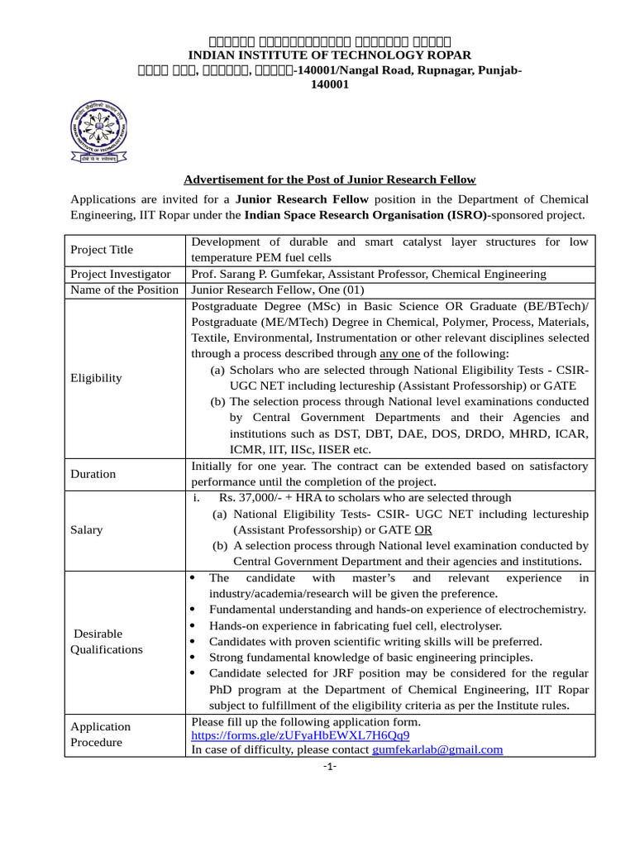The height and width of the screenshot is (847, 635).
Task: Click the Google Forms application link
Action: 300,735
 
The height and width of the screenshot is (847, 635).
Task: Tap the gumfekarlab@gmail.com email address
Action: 437,749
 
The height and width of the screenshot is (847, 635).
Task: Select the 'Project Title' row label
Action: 102,250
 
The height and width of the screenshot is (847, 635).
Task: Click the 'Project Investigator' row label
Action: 121,274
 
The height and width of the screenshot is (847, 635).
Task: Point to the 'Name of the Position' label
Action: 124,290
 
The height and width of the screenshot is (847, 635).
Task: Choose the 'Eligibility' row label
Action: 96,377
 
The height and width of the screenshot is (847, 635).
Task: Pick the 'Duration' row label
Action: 93,474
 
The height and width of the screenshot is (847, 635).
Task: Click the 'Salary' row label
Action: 87,529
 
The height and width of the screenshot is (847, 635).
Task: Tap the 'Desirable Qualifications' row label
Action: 107,641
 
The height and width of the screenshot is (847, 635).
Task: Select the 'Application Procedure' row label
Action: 100,734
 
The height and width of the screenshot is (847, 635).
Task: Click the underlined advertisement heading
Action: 329,179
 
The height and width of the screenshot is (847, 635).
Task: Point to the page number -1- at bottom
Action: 329,766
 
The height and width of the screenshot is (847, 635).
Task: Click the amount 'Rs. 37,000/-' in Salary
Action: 251,498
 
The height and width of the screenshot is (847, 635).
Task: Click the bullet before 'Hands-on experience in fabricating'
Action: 193,626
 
